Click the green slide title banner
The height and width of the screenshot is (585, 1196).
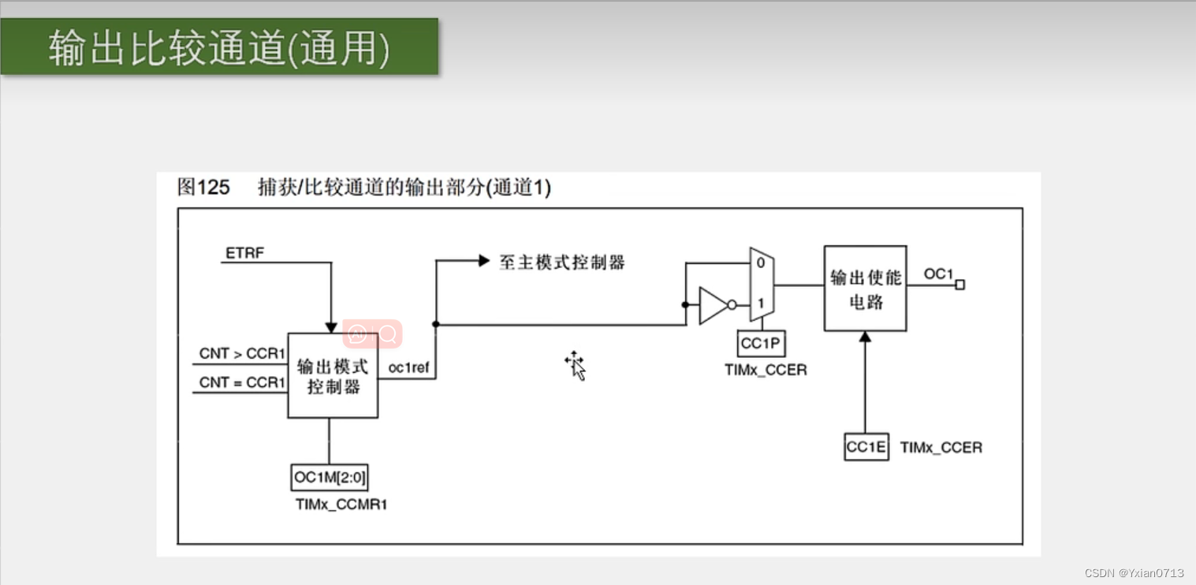click(219, 47)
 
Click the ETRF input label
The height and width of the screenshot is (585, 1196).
click(245, 253)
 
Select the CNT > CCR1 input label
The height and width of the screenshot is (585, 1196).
click(241, 353)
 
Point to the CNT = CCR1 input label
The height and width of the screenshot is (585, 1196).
click(241, 382)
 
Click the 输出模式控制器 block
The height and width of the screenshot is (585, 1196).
click(333, 376)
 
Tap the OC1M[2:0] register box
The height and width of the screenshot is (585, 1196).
click(330, 476)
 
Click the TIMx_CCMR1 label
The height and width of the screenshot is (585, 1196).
click(341, 505)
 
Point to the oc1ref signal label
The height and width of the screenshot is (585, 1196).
click(408, 367)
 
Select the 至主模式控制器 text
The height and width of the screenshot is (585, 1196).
click(562, 263)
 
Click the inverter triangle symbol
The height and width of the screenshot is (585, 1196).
click(714, 305)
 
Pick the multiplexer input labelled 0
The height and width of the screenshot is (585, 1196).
click(760, 263)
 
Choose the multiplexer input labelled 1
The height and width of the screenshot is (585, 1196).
click(760, 303)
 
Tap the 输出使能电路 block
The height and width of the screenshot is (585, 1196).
click(866, 289)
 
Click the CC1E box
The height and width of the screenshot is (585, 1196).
click(866, 447)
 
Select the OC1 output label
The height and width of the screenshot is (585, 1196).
click(938, 274)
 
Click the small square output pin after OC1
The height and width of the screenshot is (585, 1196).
click(959, 285)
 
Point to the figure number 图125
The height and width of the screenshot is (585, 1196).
click(203, 188)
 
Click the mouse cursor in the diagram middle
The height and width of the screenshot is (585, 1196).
click(576, 365)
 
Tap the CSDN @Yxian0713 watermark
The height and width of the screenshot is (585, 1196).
click(1134, 572)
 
